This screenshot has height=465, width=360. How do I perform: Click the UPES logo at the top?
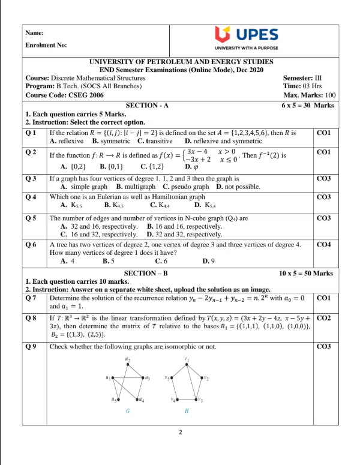[248, 37]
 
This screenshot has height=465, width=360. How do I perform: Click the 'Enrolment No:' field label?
[46, 46]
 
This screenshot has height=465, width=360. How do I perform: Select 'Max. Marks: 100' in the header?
[308, 95]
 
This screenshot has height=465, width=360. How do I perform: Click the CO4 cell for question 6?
[323, 245]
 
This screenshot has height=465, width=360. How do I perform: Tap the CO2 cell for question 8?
[323, 318]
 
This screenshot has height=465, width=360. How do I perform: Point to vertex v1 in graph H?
[187, 364]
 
